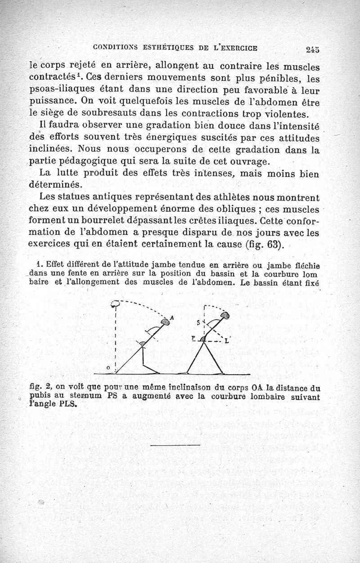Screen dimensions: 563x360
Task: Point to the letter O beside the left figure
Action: coord(108,368)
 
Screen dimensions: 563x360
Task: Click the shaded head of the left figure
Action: coord(166,322)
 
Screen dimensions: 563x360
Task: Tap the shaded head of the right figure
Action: coord(225,316)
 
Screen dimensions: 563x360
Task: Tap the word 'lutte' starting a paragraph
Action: coord(72,173)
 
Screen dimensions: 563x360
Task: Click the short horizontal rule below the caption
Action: coord(175,445)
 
